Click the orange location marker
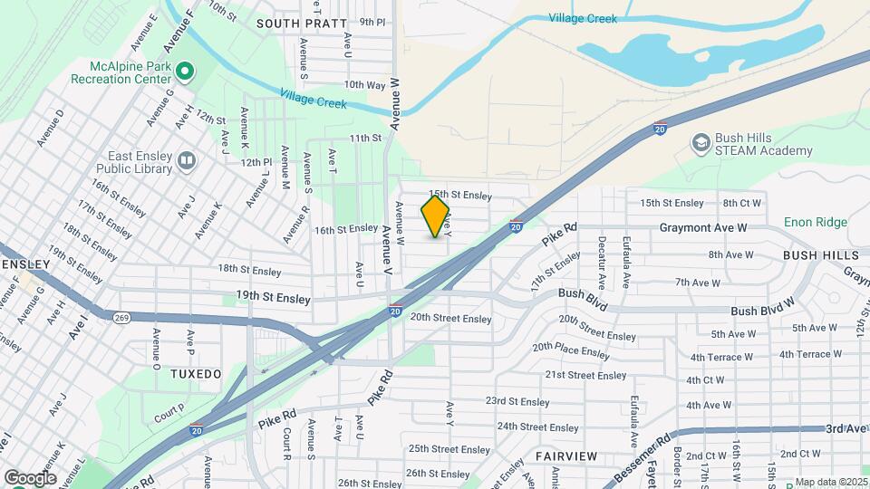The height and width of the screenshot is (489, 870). point(435,217)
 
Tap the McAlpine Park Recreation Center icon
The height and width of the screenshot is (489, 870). point(185,70)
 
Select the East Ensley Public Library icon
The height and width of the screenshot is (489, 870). point(187,161)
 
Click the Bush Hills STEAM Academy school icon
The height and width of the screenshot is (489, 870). point(700,143)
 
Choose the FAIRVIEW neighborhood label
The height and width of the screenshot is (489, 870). point(565,455)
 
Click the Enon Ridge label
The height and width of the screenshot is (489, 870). point(817,222)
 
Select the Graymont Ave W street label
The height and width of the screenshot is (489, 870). point(702,228)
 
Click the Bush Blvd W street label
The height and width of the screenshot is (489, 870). point(762,311)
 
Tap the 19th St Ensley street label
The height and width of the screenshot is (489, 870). point(273,298)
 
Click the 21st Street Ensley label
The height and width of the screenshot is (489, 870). point(585,375)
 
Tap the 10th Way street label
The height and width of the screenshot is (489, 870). point(364,85)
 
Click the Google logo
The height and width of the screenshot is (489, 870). point(30,477)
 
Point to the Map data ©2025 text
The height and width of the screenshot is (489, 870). point(831,482)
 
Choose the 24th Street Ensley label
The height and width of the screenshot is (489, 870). point(537,427)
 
